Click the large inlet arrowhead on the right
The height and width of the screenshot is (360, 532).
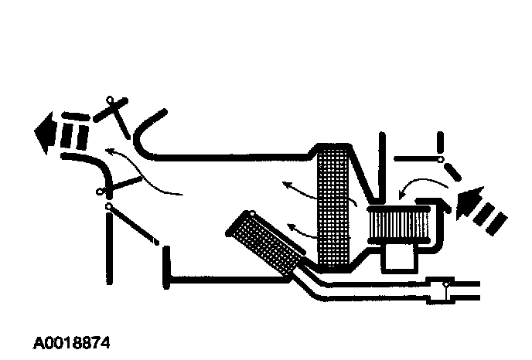[x=469, y=202]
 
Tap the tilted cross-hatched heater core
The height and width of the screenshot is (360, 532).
[x=263, y=239]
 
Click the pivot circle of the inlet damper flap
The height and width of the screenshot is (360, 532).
[x=441, y=160]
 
